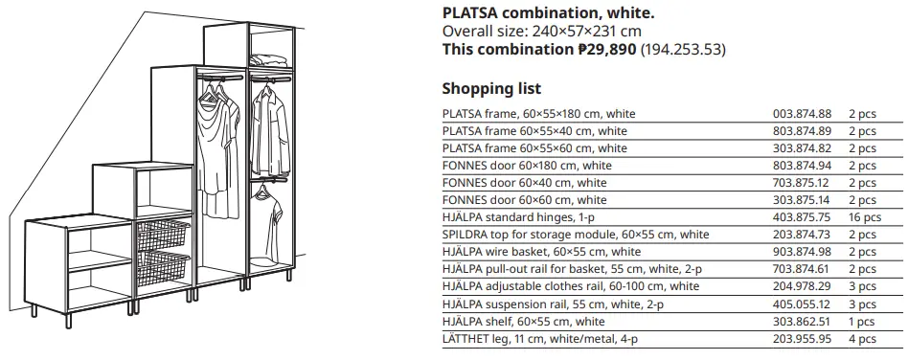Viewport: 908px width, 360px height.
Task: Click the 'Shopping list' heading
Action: point(491,89)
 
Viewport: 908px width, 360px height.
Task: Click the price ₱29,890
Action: point(606,49)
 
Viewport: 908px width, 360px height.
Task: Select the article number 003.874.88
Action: point(802,114)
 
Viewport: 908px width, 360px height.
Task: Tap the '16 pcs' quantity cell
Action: point(863,217)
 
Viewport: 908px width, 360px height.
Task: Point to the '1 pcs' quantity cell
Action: point(861,321)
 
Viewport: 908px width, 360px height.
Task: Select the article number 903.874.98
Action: point(802,252)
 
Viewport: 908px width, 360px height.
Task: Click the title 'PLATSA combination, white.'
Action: point(548,12)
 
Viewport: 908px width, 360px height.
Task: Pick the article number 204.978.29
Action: point(802,286)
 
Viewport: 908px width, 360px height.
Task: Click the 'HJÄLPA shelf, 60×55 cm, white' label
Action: point(523,321)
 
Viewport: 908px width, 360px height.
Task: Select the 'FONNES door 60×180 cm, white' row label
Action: point(527,166)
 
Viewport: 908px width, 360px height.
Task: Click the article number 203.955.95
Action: point(802,338)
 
